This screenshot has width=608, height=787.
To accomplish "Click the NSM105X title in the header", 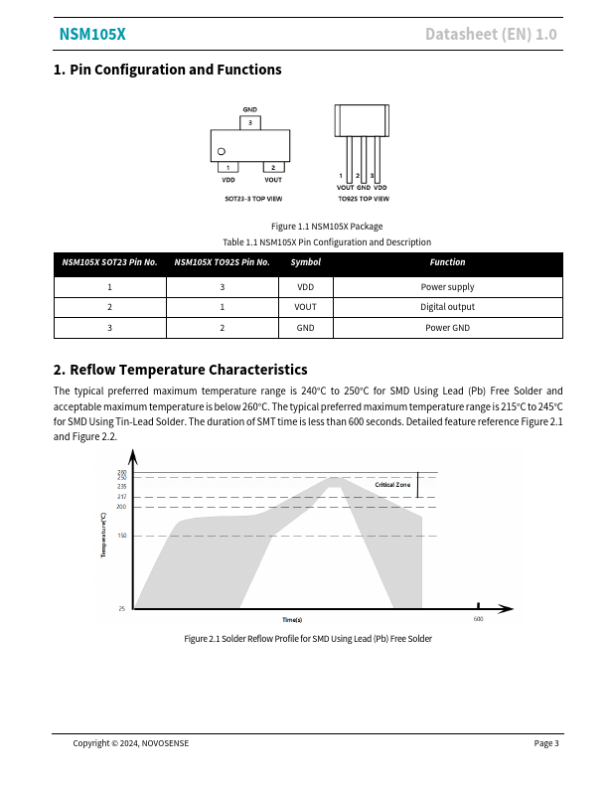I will (92, 35).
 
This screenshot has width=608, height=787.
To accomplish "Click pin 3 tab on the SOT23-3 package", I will (250, 123).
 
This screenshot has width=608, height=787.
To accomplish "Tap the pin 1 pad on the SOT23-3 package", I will (228, 167).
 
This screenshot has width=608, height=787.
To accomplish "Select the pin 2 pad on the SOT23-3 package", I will (273, 167).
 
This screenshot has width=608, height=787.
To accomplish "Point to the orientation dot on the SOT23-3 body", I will (221, 151).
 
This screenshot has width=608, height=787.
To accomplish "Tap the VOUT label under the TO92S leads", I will (345, 188).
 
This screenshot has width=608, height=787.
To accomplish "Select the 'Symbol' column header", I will (306, 262).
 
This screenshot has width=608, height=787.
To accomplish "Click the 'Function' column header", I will (447, 262).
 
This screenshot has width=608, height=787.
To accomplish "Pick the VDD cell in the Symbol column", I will (306, 287).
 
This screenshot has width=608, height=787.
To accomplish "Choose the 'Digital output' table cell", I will (447, 307).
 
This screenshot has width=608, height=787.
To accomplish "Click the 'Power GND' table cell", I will (447, 328).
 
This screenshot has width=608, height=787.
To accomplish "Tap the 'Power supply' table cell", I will (447, 287).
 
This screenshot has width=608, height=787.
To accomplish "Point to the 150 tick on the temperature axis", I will (122, 536).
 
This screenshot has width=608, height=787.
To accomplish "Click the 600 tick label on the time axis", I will (478, 619).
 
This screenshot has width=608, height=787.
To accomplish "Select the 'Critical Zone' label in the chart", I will (392, 484).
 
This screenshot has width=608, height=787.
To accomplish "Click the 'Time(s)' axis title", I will (292, 620).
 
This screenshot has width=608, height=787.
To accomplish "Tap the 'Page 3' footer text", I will (546, 743).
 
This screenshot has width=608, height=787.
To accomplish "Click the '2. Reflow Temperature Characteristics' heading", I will (180, 370).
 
